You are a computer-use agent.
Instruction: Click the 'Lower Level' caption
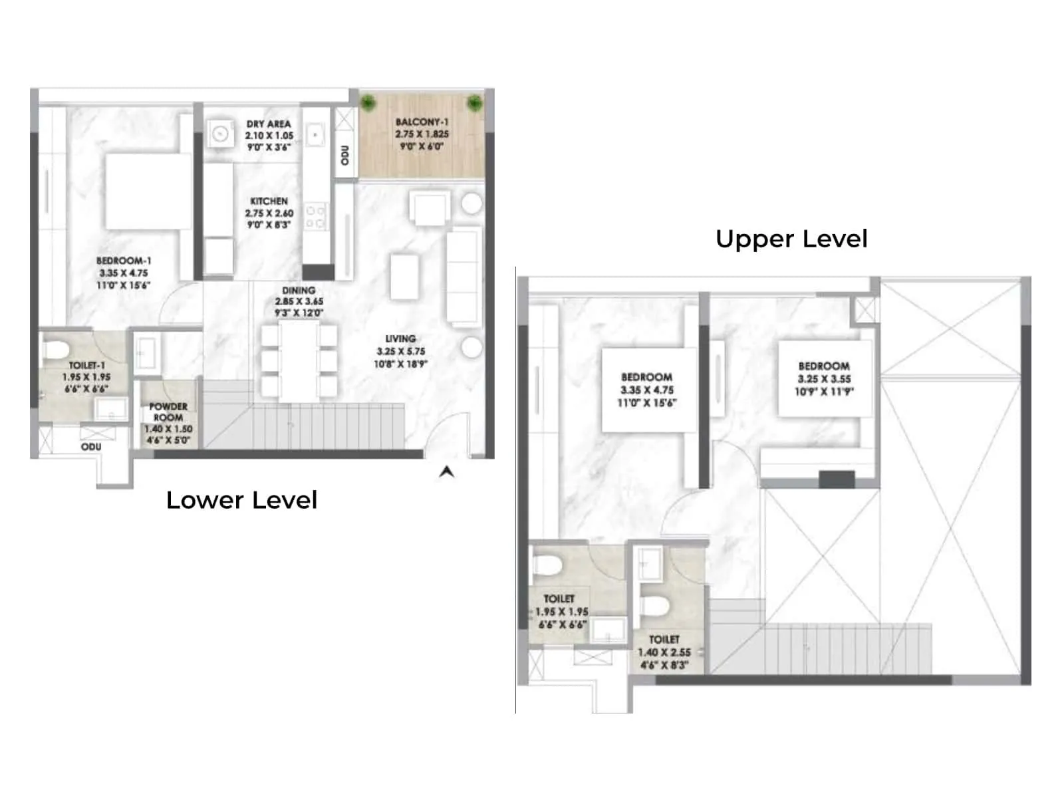pos(241,500)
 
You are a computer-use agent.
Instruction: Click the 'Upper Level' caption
pos(791,239)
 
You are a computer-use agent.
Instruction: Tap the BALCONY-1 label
pos(422,122)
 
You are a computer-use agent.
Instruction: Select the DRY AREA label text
pos(269,124)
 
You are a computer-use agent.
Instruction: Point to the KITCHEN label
pos(269,201)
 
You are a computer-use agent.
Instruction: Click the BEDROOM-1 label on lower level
pos(124,261)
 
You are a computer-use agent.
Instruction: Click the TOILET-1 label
pos(86,366)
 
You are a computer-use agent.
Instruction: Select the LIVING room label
pos(400,338)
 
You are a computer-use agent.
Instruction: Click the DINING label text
pos(299,291)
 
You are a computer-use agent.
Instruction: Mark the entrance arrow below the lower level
pos(447,471)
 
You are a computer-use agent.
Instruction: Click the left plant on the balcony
pos(369,102)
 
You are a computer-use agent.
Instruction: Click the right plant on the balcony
pos(474,102)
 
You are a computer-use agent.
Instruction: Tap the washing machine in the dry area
pos(219,134)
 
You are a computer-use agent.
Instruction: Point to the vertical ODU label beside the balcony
pos(344,155)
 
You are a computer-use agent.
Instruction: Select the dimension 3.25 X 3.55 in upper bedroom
pos(824,379)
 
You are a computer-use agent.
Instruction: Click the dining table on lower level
pos(299,360)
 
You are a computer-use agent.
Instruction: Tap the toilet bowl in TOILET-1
pos(56,348)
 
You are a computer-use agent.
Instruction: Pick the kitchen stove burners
pos(315,217)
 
